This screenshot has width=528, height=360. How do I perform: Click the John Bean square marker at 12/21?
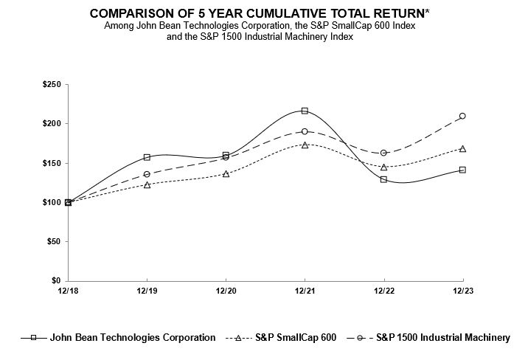(x=305, y=111)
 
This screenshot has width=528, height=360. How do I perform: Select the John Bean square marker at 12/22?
(x=383, y=179)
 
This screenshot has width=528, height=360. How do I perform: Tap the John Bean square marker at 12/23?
(x=462, y=170)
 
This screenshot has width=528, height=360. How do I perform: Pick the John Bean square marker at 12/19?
(x=147, y=157)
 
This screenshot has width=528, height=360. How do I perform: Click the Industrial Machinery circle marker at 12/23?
(x=462, y=116)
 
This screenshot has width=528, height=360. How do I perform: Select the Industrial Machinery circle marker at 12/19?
(x=147, y=174)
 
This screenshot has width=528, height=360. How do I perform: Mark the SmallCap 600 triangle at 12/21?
(x=305, y=145)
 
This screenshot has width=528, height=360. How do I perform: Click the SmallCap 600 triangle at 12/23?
(x=462, y=148)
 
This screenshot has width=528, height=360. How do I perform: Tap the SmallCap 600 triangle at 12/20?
(x=226, y=173)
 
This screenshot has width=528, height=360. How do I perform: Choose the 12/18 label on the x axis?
(x=68, y=291)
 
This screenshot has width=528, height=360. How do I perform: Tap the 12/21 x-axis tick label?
(x=305, y=291)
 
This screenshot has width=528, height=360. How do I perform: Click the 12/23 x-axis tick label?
(x=462, y=291)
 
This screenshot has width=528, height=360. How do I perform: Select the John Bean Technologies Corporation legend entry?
(x=132, y=338)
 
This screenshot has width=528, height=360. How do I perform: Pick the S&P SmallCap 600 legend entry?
(x=295, y=338)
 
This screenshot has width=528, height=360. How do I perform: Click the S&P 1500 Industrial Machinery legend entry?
(x=442, y=338)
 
